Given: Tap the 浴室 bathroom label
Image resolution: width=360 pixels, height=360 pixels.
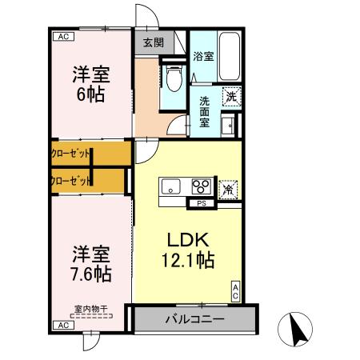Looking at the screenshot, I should pyautogui.click(x=203, y=56).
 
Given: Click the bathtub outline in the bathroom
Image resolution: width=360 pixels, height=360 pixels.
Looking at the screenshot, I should pyautogui.click(x=230, y=57).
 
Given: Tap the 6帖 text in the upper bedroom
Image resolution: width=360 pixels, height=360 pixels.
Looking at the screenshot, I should pyautogui.click(x=90, y=91).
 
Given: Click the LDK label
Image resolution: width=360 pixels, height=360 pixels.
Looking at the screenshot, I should pyautogui.click(x=189, y=240).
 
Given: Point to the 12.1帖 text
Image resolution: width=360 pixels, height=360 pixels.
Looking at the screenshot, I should pyautogui.click(x=189, y=260).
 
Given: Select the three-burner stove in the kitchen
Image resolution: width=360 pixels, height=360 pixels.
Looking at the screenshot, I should pyautogui.click(x=201, y=188).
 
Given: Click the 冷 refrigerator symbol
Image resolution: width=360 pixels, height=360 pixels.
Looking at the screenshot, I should pyautogui.click(x=229, y=190).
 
